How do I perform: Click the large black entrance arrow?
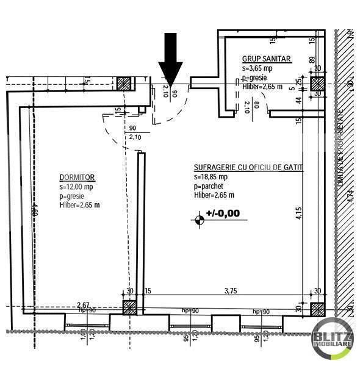tap(171, 59)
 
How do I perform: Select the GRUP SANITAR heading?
tap(266, 59)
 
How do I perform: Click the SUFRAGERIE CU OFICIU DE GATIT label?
tap(248, 167)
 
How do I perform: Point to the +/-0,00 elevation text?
tap(223, 213)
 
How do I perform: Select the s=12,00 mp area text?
tap(76, 187)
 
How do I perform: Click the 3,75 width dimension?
tap(230, 291)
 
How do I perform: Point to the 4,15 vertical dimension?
tap(298, 214)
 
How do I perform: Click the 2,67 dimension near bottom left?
tap(84, 304)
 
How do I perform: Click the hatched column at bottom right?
tap(317, 309)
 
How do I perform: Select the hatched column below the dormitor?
tap(131, 307)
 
